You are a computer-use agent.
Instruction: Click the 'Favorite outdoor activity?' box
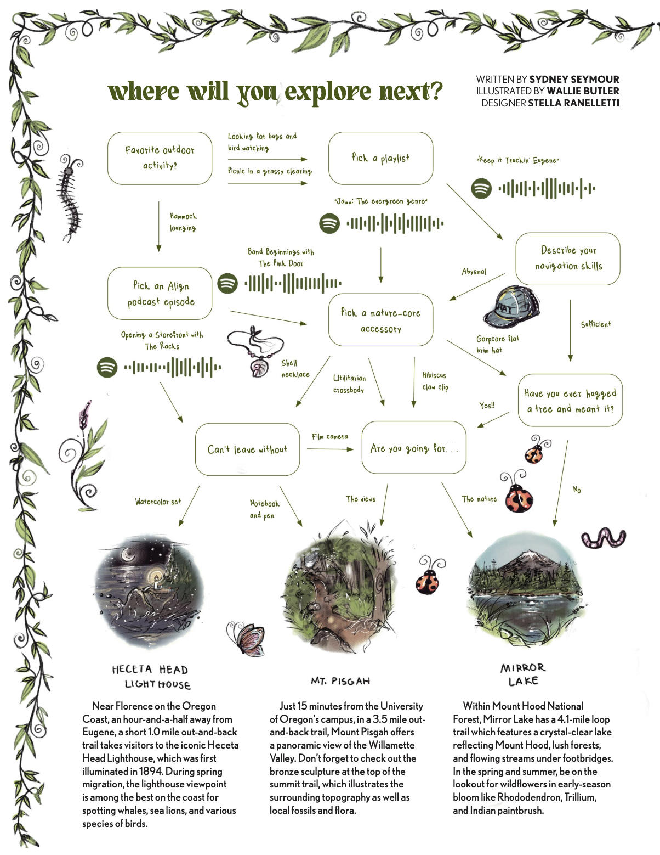tap(160, 158)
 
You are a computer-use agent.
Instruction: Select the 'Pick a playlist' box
tap(380, 158)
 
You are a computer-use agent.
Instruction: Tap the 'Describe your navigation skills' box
tap(568, 258)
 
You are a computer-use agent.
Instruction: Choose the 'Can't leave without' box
tap(247, 449)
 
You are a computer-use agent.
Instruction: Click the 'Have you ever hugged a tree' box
tap(570, 401)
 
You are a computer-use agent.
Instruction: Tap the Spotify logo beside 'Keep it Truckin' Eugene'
tap(481, 188)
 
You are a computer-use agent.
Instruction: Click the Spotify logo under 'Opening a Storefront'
tap(107, 367)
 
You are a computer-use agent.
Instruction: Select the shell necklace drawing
tap(257, 351)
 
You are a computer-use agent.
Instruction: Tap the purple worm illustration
tap(603, 537)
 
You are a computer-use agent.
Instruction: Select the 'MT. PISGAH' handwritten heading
tap(340, 681)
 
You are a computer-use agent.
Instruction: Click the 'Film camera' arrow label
tap(330, 437)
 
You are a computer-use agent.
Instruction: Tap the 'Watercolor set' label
tap(158, 502)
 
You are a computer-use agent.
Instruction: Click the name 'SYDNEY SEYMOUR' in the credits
tap(574, 79)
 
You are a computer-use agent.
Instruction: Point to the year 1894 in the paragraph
tap(147, 771)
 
